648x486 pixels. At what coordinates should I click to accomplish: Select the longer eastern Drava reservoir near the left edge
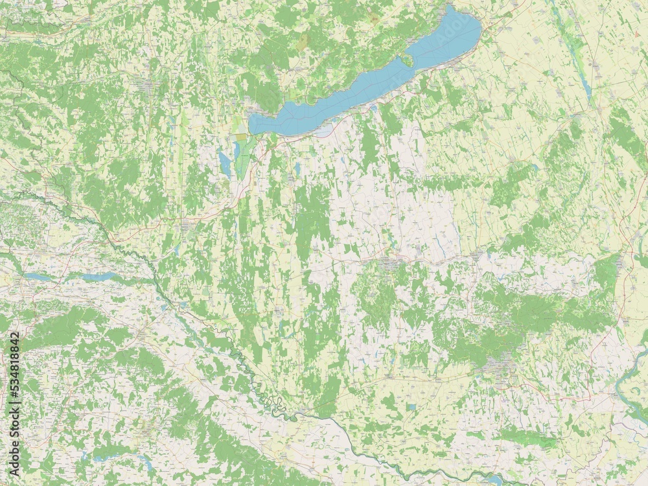pyautogui.click(x=97, y=277)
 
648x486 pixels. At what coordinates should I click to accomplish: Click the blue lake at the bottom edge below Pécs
pyautogui.click(x=494, y=480)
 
